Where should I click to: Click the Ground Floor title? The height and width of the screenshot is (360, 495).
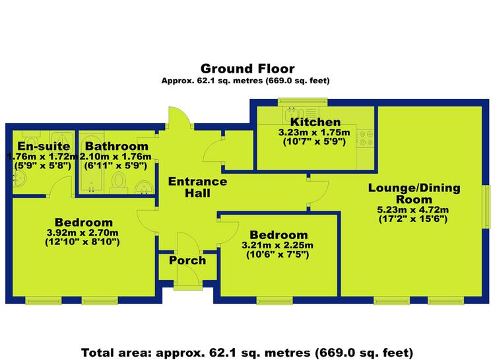247,69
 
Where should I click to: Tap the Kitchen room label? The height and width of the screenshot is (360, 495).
315,122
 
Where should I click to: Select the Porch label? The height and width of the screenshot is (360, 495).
187,260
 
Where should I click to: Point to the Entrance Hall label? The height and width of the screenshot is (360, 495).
197,187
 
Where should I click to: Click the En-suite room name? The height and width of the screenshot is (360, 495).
44,146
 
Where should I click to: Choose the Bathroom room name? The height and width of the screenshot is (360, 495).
116,146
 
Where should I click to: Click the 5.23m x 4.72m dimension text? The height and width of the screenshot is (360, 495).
413,209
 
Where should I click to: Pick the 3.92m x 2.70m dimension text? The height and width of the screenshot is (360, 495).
82,233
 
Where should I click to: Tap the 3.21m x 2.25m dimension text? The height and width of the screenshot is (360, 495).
277,245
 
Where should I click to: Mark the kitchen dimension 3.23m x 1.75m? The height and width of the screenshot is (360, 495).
314,132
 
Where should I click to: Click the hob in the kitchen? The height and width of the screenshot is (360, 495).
366,139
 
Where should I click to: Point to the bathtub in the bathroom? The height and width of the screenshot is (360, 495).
91,163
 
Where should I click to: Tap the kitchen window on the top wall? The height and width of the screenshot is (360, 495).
302,102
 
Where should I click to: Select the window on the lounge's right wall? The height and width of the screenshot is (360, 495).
488,206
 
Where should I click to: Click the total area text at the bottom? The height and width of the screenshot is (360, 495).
247,353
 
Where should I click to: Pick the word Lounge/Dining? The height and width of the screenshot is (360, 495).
414,188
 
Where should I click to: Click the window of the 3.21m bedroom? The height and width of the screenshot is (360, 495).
275,301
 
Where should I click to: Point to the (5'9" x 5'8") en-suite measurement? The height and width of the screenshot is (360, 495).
43,165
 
